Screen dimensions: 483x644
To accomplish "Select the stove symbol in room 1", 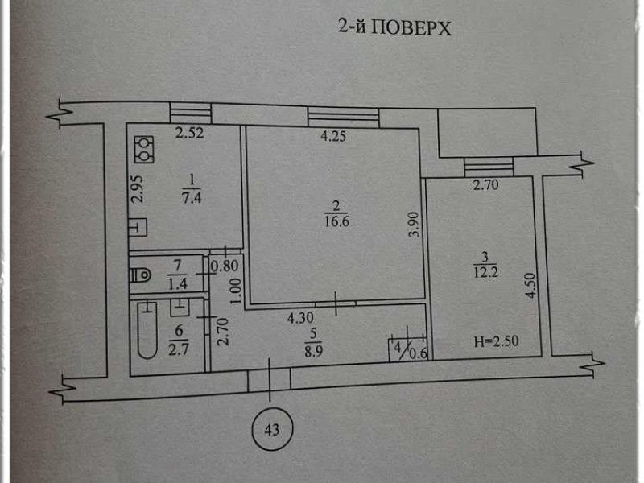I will click(x=144, y=147).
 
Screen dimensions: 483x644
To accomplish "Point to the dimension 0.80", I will click(x=225, y=262).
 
